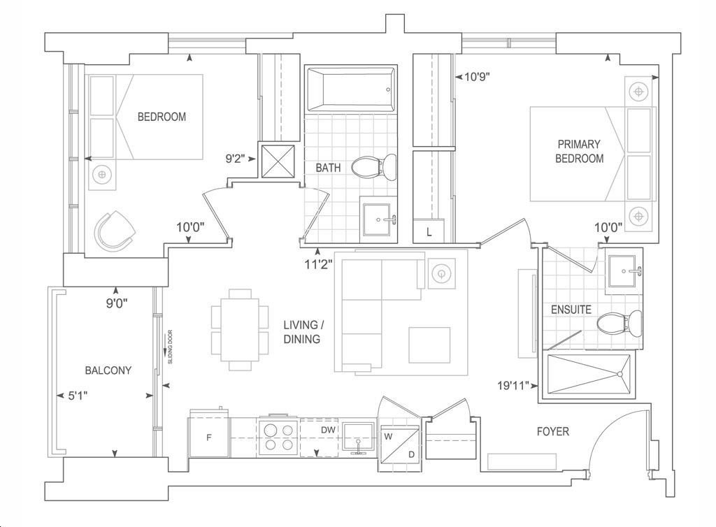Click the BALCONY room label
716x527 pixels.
[108, 370]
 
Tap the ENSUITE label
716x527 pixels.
[571, 310]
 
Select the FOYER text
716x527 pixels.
[553, 431]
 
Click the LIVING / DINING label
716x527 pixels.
[303, 332]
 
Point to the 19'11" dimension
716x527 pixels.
[513, 386]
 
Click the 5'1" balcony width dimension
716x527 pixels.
[78, 396]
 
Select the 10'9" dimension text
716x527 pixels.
[477, 77]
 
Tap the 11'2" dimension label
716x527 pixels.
[319, 265]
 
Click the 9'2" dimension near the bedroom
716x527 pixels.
[235, 159]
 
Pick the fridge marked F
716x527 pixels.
[209, 433]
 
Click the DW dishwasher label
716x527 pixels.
[329, 430]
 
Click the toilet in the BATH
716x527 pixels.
[374, 167]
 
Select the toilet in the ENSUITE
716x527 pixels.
[620, 324]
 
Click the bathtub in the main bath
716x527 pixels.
[351, 89]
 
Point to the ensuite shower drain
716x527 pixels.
[620, 374]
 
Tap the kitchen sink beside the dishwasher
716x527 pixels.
[359, 438]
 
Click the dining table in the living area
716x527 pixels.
[241, 329]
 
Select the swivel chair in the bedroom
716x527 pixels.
[115, 231]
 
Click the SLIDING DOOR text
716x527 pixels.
[171, 347]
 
